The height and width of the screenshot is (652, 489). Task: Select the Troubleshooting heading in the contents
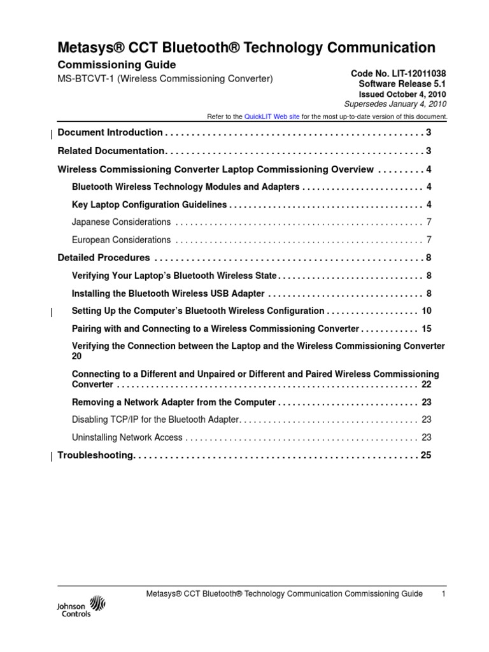(96, 455)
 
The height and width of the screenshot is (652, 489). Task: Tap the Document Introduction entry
(110, 132)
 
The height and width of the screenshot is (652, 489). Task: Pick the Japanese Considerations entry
(121, 222)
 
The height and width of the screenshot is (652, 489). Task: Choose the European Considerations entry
(121, 240)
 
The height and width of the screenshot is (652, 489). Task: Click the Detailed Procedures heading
(104, 258)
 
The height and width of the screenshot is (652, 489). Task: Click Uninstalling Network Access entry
(127, 437)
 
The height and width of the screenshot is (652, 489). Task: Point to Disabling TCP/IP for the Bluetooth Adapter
(155, 420)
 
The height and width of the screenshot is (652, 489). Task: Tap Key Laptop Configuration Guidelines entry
(150, 204)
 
